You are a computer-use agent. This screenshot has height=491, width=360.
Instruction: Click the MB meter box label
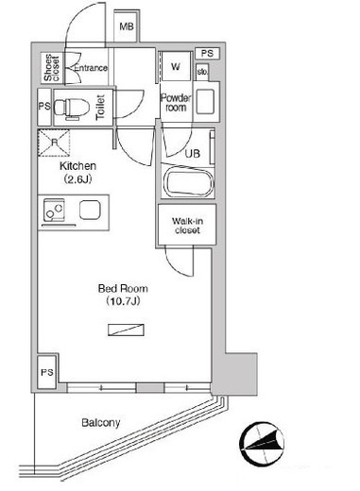[127, 26]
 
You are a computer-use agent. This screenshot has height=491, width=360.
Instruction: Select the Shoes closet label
[51, 68]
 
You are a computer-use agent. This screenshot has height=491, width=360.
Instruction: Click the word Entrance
[91, 68]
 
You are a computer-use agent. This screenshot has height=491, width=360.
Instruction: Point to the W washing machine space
[176, 66]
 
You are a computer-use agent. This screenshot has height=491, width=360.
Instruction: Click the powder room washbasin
[205, 101]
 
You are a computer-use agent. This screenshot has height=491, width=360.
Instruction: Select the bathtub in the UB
[189, 183]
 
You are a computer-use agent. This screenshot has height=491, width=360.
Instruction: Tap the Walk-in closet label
[187, 226]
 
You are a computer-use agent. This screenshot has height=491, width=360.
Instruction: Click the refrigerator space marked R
[54, 143]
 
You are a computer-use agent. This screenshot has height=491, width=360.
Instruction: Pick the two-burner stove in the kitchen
[54, 210]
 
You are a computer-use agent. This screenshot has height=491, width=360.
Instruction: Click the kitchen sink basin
[90, 211]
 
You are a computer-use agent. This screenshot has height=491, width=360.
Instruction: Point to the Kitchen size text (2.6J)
[77, 179]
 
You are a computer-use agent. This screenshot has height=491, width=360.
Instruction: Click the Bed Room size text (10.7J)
[123, 301]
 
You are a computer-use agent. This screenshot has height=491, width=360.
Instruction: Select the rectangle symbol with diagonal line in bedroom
[126, 330]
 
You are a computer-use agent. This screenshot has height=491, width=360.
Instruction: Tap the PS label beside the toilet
[44, 106]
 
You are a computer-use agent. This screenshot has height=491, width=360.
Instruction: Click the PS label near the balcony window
[47, 373]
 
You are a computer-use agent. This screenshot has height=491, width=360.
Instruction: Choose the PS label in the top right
[207, 54]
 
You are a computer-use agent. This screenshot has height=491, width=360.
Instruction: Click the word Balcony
[101, 423]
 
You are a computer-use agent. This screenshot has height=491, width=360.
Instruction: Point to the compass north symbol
[262, 444]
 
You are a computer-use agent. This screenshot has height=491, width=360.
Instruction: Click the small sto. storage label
[202, 72]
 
